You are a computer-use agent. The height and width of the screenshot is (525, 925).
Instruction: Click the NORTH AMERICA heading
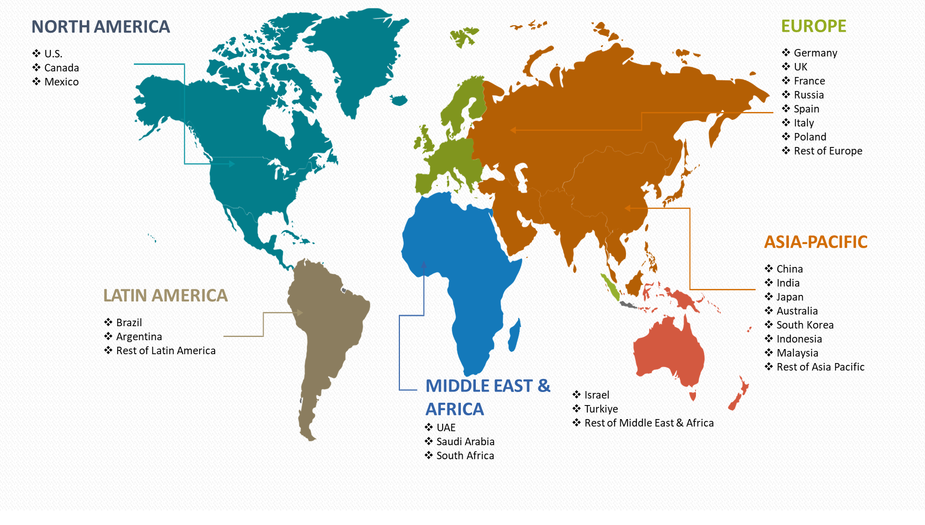pos(100,27)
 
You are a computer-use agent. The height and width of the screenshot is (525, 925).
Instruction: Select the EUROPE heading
pos(813,26)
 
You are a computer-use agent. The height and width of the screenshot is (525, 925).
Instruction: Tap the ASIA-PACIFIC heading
pos(815,242)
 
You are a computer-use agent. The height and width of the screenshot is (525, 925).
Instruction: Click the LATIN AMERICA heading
pos(165,296)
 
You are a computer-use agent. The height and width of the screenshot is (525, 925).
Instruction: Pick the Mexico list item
pos(61,82)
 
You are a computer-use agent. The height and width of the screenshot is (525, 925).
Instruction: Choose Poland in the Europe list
pos(810,137)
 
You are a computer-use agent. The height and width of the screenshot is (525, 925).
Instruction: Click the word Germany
pos(815,53)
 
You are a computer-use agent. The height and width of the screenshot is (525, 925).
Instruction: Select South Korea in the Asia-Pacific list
pos(805,325)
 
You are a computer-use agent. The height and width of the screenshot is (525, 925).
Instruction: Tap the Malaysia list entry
pos(797,353)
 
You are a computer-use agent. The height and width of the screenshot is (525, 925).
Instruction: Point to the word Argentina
pos(139,337)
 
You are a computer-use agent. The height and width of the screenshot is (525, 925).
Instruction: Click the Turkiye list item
pos(601,409)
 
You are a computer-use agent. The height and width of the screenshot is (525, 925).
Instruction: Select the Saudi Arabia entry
pos(465,442)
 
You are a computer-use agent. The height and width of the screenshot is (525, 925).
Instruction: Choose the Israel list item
pos(597,395)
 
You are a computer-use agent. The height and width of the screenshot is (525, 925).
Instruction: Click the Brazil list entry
pos(129,323)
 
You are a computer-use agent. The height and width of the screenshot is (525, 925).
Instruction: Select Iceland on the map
pos(399,100)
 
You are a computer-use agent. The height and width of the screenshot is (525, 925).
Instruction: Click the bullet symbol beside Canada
pos(36,68)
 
